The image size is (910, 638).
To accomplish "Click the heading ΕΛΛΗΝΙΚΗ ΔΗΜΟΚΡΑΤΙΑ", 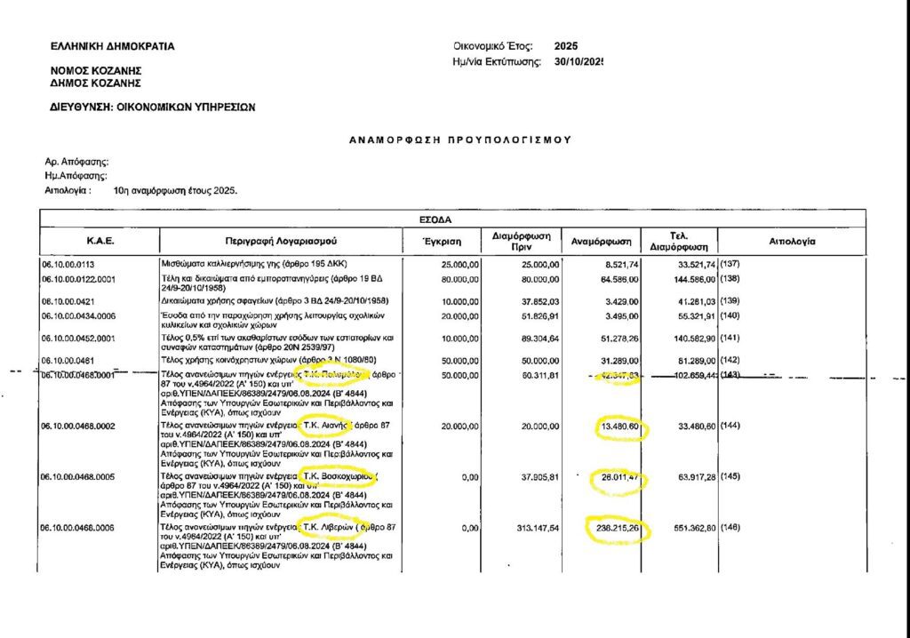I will [113, 46].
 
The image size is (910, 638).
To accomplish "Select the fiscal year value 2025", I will [565, 45].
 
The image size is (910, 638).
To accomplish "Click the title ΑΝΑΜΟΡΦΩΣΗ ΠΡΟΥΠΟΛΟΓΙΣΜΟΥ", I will [459, 140].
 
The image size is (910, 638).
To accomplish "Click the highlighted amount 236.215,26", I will [619, 529].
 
